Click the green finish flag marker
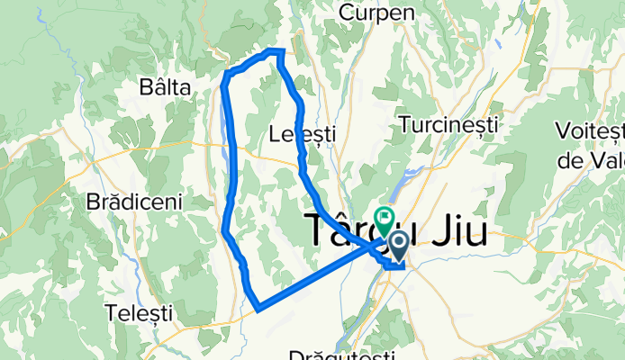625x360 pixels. pos(385,217)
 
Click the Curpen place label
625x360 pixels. pos(377,13)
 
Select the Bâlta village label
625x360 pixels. pos(166,87)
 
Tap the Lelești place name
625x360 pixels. pos(303,134)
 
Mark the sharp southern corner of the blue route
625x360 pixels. pos(258,310)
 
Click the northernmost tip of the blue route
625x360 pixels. pos(276,50)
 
